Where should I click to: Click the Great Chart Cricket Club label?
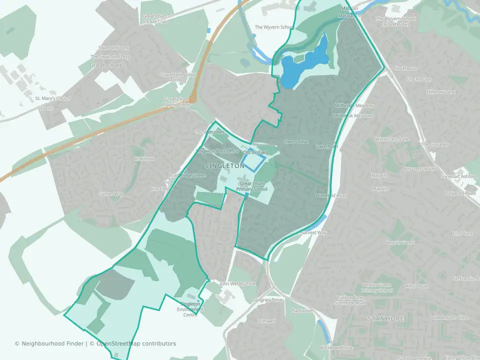154,19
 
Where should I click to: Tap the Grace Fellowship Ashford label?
177,77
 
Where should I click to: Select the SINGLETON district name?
225,165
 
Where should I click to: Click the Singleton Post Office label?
217,151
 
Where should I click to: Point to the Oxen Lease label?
296,142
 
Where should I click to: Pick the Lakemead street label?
327,146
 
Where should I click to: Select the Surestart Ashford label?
459,177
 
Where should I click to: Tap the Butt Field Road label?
331,195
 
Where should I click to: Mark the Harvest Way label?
313,233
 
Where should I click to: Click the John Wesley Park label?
237,284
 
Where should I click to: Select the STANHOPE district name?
385,318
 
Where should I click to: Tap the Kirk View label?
144,158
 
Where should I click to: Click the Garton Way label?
110,193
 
